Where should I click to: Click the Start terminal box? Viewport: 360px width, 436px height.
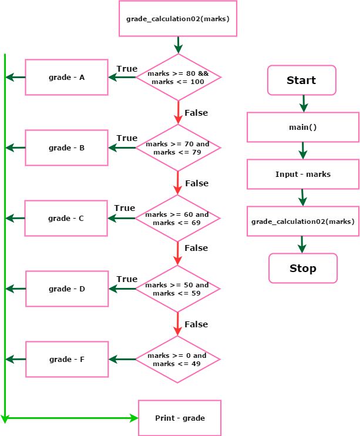[301, 81]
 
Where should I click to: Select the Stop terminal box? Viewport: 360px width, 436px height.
[303, 269]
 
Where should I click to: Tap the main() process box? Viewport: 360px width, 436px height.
[303, 128]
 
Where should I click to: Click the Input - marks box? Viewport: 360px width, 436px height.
[303, 175]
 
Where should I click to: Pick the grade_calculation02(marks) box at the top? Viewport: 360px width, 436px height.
[178, 19]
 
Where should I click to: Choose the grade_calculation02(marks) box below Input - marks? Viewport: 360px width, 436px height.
[303, 222]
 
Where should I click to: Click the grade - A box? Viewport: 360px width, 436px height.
[66, 77]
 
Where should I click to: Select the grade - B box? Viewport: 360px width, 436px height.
[66, 147]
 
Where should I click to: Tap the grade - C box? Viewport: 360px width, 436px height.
[66, 218]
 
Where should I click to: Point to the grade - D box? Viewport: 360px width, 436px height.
[66, 289]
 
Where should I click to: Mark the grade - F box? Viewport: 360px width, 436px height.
[67, 359]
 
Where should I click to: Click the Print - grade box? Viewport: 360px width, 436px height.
[180, 418]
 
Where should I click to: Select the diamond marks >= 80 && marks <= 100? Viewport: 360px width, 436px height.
[178, 78]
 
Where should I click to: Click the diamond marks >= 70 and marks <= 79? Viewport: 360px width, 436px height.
[178, 148]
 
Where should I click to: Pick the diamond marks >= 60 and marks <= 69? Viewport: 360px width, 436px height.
[177, 219]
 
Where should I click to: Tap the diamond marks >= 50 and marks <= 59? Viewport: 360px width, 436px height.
[177, 289]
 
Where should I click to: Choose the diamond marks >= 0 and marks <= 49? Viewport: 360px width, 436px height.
[177, 360]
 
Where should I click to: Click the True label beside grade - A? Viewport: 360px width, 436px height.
[127, 69]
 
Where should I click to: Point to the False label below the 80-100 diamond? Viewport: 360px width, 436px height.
[196, 113]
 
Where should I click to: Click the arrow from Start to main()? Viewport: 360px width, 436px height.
[303, 104]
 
